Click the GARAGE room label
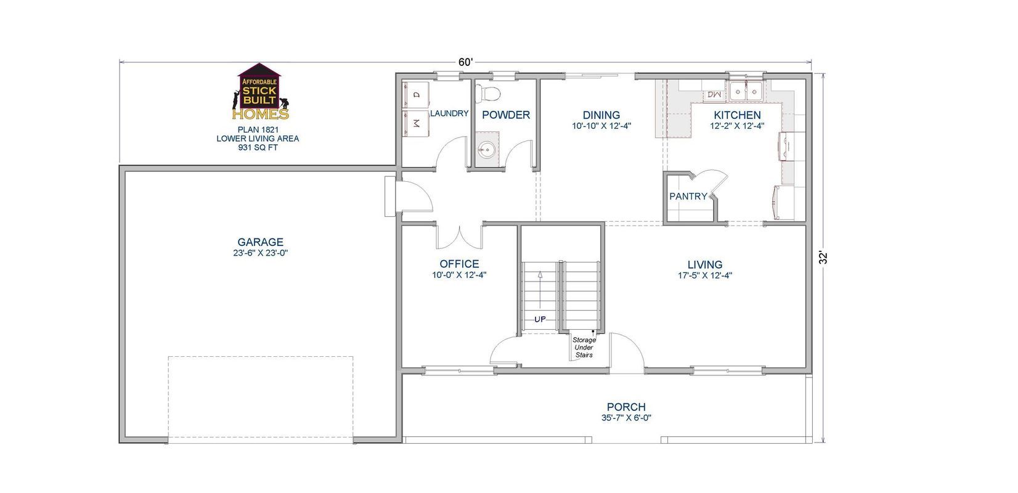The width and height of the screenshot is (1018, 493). point(261,242)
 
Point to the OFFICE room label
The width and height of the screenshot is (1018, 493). point(459,264)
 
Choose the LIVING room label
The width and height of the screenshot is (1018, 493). point(705,265)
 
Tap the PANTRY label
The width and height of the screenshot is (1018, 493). point(688,197)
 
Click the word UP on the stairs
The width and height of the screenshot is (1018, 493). point(540,319)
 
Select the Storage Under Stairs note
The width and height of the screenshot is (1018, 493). point(584,348)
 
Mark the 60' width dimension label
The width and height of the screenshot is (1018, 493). point(465,62)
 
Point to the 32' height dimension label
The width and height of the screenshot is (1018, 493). point(825,257)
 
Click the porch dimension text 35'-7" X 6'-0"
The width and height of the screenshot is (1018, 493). point(625,417)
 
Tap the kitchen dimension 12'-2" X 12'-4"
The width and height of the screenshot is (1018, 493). point(736,126)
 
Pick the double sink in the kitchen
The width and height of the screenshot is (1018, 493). point(746,93)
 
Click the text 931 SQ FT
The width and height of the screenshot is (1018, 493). point(258,148)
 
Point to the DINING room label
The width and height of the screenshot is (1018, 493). point(601,115)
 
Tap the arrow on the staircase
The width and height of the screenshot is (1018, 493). point(540,290)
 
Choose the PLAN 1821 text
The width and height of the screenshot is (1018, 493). point(258,130)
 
